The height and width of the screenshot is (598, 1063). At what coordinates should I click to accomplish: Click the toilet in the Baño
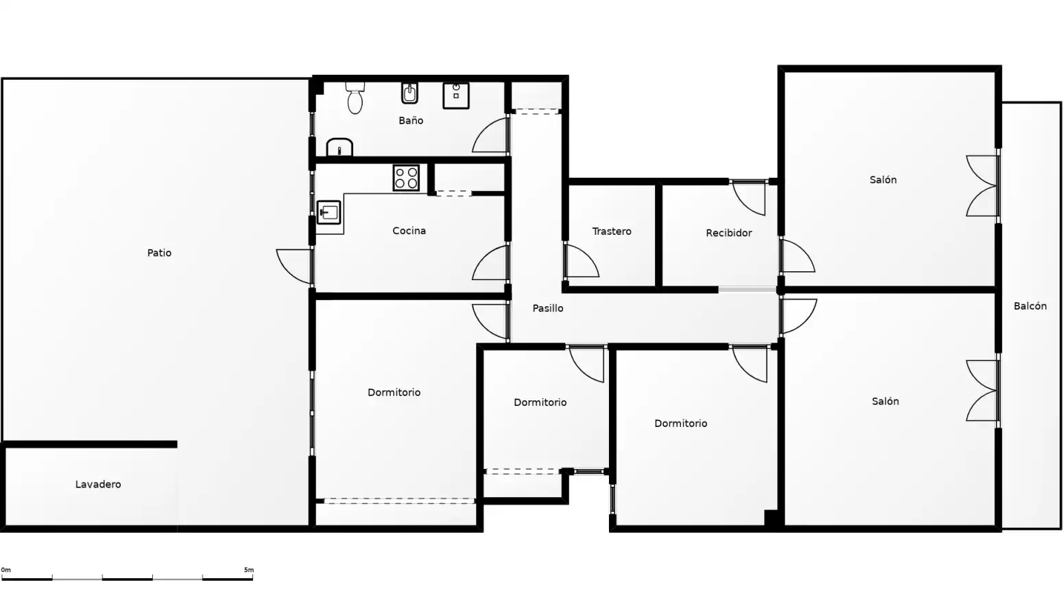click(355, 98)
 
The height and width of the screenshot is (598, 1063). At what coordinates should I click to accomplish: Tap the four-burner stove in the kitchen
click(406, 178)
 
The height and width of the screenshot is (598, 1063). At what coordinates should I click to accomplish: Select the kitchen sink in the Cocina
click(329, 212)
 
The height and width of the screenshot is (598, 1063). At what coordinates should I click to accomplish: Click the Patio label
click(159, 253)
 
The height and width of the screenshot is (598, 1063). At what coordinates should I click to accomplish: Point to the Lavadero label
click(98, 485)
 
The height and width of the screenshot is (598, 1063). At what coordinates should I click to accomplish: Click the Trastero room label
click(612, 231)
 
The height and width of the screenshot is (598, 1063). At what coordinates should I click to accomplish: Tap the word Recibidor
click(729, 233)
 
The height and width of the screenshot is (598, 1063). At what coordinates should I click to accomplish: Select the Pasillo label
click(548, 308)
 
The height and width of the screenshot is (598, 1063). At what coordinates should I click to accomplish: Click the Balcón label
click(1030, 306)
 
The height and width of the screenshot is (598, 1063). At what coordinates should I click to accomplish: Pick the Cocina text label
click(409, 231)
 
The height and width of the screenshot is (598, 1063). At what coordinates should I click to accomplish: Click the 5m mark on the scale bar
click(249, 570)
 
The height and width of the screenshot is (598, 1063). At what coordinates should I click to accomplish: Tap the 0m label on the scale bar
click(5, 570)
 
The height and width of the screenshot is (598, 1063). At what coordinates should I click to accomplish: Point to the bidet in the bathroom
click(409, 93)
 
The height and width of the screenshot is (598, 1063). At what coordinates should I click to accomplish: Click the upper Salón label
click(883, 180)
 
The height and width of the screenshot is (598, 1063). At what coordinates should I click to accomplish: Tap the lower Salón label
click(885, 402)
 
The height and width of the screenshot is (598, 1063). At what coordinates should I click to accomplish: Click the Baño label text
click(411, 121)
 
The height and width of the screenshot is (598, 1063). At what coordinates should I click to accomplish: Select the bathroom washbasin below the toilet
click(339, 147)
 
